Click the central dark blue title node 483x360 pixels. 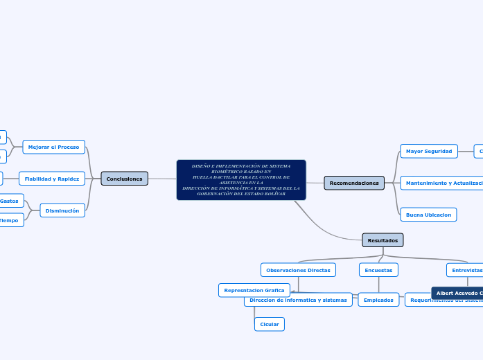241,180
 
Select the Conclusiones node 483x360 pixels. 124,179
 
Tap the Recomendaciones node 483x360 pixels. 354,183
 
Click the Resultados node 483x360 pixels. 383,240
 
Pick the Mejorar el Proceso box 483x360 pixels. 53,147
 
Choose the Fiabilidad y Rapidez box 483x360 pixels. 52,179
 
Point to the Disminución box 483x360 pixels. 62,210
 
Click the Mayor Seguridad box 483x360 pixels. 428,151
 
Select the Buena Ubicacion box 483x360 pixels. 428,215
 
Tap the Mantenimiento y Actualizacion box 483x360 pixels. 442,183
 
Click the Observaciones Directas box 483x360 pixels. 298,269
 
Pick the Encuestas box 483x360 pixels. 378,269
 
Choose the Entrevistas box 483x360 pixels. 465,269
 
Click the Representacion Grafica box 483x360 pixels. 254,290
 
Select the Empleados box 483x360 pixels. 379,300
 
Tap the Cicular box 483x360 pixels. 269,324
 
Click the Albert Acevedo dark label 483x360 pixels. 457,293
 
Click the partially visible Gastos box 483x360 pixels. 11,200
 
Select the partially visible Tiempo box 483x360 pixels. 11,220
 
